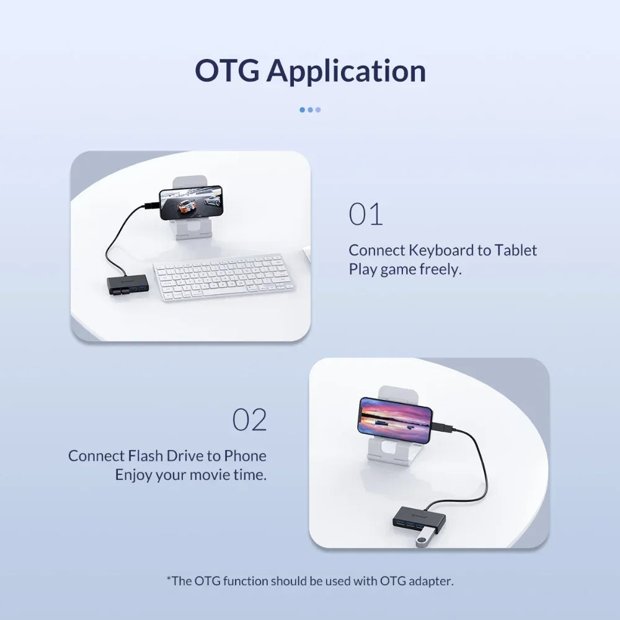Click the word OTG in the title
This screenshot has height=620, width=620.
point(228,71)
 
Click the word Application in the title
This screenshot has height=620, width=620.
point(347,73)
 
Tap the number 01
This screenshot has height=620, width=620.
point(366,214)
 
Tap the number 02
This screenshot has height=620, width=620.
point(249,420)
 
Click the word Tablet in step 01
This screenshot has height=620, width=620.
point(516,250)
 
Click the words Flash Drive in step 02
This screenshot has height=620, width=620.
point(166,456)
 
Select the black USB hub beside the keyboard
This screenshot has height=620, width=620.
point(128,285)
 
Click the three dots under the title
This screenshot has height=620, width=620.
point(310,110)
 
